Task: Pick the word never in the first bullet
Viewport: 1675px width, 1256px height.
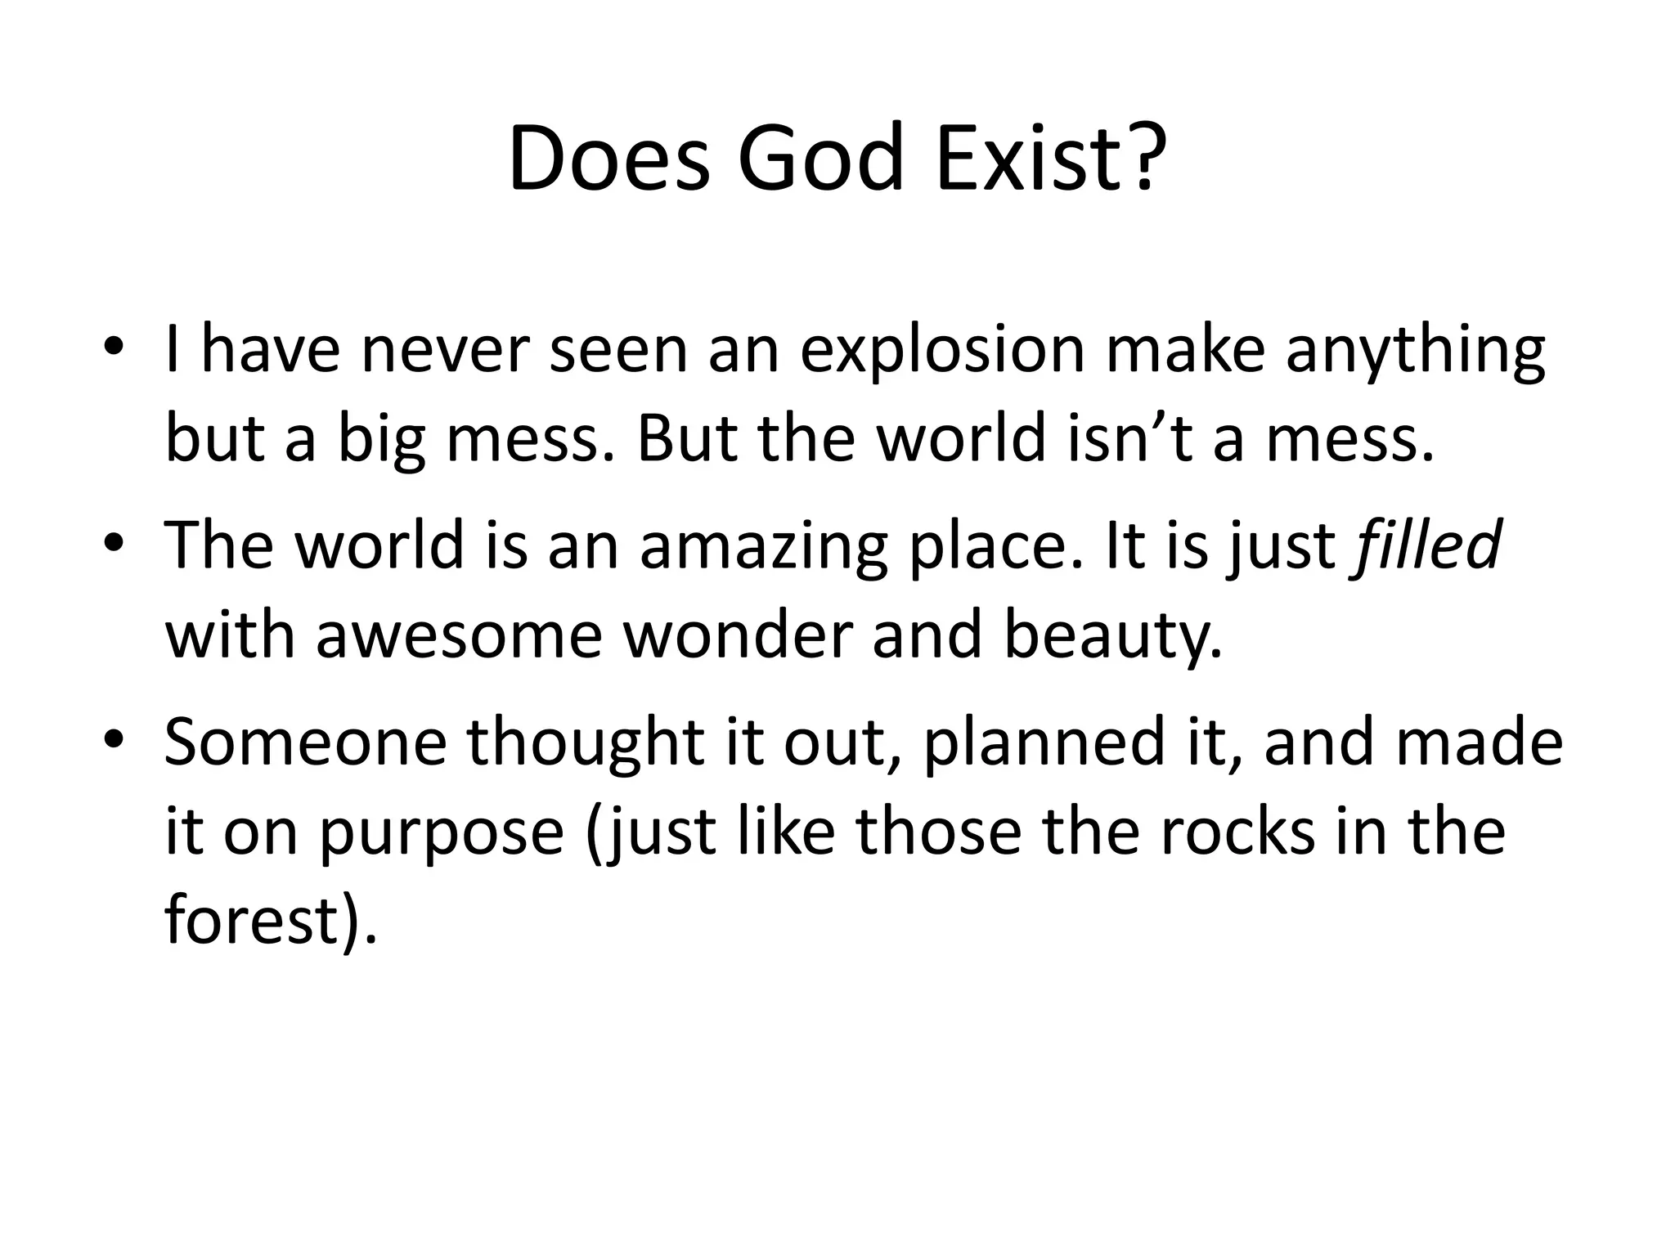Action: [x=444, y=349]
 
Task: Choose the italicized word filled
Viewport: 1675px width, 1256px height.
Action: [x=1428, y=544]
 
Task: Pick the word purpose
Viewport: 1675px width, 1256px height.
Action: [x=442, y=834]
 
